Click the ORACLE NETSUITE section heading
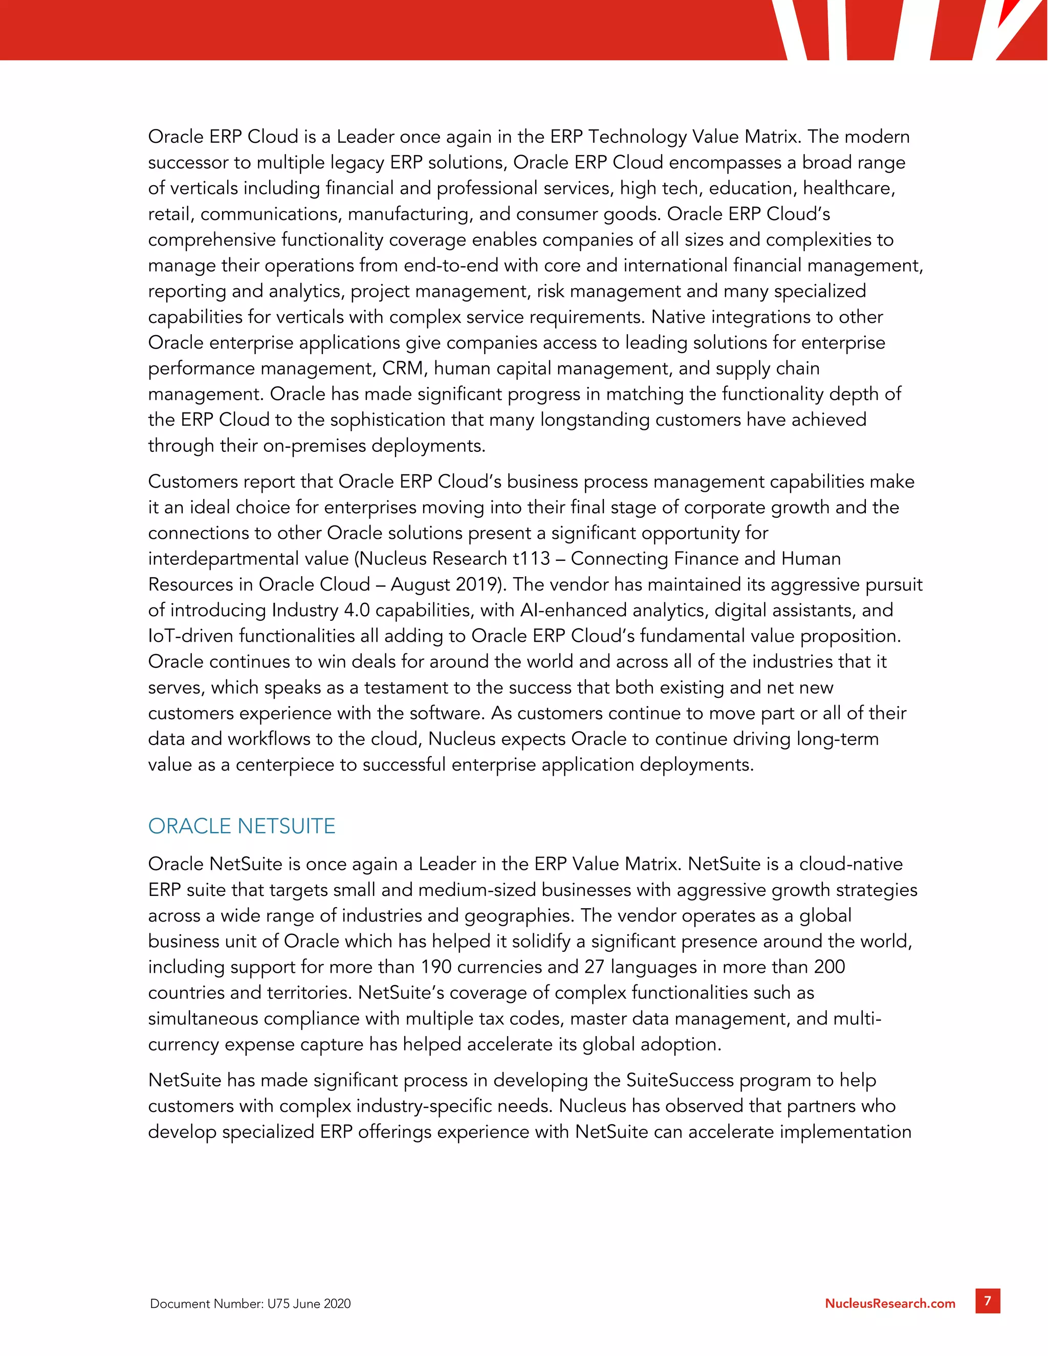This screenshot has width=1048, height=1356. [x=242, y=826]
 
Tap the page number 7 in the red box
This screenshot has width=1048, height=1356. [x=987, y=1301]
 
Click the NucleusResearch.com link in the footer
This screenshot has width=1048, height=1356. [x=890, y=1303]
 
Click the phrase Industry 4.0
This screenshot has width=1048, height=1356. [x=321, y=610]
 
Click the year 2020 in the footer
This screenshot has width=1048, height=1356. [x=337, y=1304]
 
